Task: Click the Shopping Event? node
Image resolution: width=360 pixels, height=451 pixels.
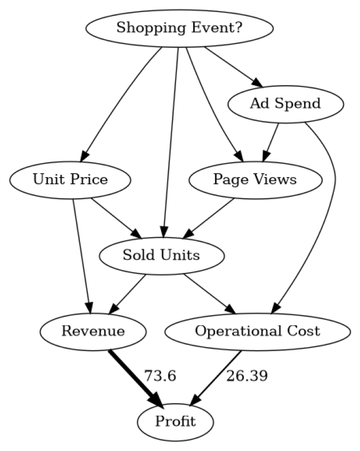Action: [x=179, y=27]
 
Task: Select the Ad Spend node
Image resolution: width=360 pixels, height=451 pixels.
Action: [x=285, y=104]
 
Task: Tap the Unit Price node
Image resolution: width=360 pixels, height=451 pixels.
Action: [x=70, y=180]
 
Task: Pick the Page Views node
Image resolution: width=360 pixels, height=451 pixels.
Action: [x=255, y=180]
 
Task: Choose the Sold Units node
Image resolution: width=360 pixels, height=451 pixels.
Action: [x=161, y=255]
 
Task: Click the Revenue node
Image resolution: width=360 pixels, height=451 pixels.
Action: [x=93, y=331]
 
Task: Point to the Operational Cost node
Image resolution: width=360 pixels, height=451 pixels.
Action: [x=257, y=331]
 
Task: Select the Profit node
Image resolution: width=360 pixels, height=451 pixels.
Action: [x=175, y=422]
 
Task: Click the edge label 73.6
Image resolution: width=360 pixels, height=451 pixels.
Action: [x=159, y=376]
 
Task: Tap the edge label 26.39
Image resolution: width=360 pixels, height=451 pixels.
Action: [x=247, y=376]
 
